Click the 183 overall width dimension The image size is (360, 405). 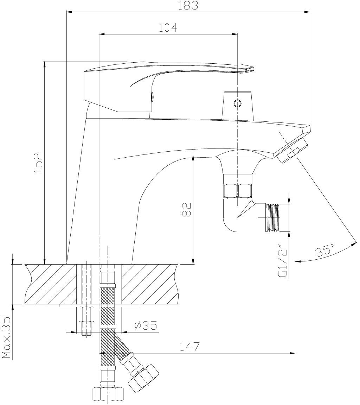coord(188,6)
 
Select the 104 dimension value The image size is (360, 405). coord(168,27)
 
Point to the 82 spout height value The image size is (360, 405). coord(186,209)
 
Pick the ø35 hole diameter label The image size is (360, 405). coord(145,325)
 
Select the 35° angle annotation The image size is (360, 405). coord(324,251)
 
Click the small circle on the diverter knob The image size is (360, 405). coord(238,103)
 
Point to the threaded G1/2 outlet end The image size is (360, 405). coord(274,217)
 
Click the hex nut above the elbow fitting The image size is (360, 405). coord(238,191)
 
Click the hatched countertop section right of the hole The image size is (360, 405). coord(149,284)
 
